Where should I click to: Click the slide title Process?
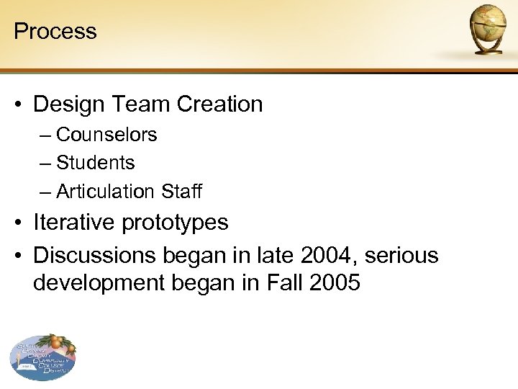pos(55,31)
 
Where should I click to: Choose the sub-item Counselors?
pos(106,135)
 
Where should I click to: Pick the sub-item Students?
pos(95,163)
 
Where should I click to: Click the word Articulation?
pos(105,192)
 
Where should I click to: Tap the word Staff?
pos(182,192)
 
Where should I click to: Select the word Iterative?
pos(74,223)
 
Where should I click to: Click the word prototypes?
pos(175,223)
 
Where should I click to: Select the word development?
pos(100,283)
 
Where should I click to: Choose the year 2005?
pos(335,282)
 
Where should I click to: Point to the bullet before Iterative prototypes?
pos(21,223)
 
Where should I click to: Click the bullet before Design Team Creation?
pos(21,105)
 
